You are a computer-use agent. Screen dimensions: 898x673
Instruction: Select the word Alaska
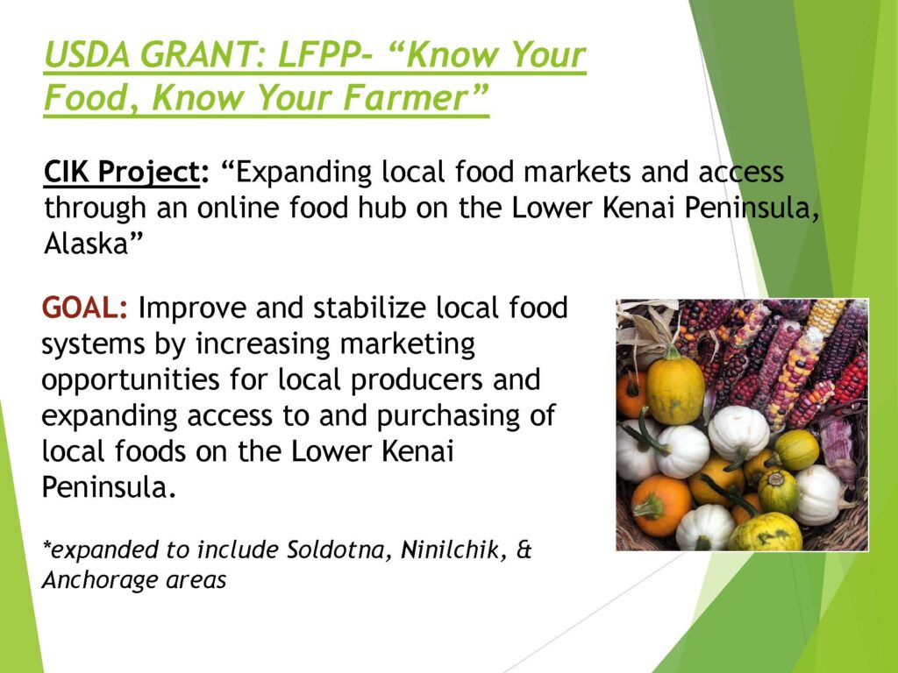86,244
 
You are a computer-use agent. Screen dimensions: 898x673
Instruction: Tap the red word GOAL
80,308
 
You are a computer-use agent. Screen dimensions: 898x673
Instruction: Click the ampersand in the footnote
524,549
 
